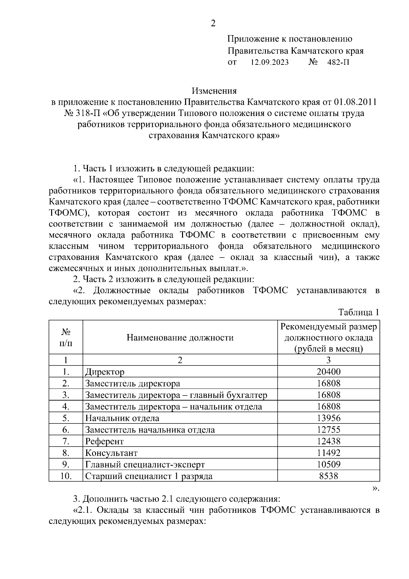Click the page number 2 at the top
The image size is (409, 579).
pyautogui.click(x=213, y=24)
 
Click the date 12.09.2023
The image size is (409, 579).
pyautogui.click(x=270, y=62)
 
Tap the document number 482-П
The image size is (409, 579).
pyautogui.click(x=338, y=62)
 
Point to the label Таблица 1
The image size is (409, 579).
pyautogui.click(x=359, y=313)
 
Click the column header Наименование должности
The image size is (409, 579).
pyautogui.click(x=180, y=338)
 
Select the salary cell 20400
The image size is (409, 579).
pyautogui.click(x=329, y=372)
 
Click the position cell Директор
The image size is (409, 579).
pyautogui.click(x=105, y=372)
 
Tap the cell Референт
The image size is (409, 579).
pyautogui.click(x=104, y=441)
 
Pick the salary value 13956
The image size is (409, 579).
pyautogui.click(x=329, y=418)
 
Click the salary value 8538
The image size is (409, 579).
pyautogui.click(x=329, y=476)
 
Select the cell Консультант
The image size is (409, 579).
pyautogui.click(x=111, y=453)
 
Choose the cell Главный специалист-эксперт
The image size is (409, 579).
pyautogui.click(x=145, y=464)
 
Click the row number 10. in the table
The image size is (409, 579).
pyautogui.click(x=66, y=476)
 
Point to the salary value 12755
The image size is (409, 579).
pyautogui.click(x=329, y=430)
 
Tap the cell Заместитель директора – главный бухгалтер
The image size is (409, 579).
pyautogui.click(x=176, y=395)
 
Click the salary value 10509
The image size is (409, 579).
pyautogui.click(x=329, y=464)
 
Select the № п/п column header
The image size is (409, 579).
pyautogui.click(x=66, y=337)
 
